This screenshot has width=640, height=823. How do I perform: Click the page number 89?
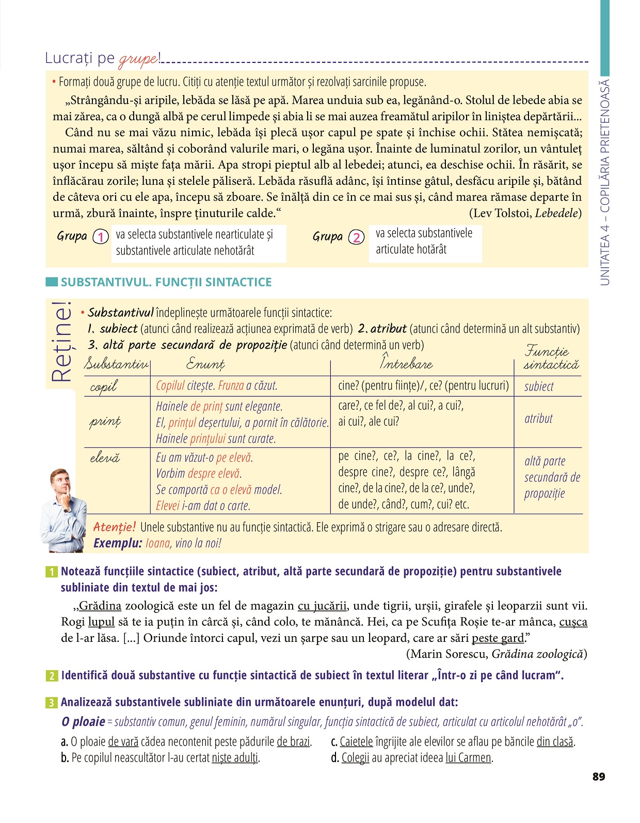point(599,777)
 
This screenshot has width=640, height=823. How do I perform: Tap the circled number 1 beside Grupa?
point(101,237)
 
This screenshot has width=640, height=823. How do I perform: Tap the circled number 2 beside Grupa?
point(356,237)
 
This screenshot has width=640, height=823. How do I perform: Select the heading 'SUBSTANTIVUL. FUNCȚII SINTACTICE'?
point(166,282)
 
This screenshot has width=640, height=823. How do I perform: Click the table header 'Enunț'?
point(205,364)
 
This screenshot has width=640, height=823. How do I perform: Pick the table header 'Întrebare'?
point(406,363)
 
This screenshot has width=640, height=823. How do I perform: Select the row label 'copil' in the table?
point(103,386)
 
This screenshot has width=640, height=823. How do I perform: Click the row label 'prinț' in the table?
point(105,422)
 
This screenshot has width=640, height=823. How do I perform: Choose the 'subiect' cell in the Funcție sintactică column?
point(539,386)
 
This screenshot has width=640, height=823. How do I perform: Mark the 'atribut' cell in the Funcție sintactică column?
point(538,418)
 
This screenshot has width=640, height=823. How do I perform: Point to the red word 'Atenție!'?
point(114,527)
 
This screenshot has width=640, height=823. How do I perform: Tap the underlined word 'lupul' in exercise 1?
point(101,622)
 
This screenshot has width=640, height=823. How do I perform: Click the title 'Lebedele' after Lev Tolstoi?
point(556,213)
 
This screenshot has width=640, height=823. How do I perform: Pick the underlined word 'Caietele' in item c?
point(356,742)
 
